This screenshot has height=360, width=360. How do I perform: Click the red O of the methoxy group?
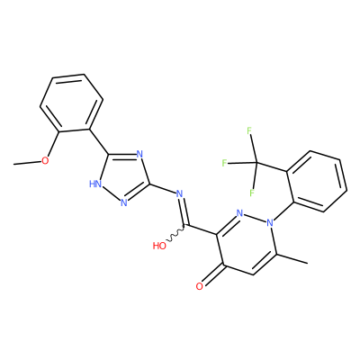click(x=45, y=160)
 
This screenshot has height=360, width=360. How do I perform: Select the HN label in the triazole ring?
click(x=95, y=184)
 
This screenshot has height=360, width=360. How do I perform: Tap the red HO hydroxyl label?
click(x=159, y=246)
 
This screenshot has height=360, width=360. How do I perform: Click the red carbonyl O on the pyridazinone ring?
click(x=199, y=286)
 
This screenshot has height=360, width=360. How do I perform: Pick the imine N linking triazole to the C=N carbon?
click(x=180, y=193)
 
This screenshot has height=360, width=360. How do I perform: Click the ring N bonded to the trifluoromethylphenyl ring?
click(x=271, y=222)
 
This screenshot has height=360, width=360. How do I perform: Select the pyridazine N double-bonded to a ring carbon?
click(x=239, y=213)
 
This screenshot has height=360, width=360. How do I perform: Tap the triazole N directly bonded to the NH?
click(x=124, y=202)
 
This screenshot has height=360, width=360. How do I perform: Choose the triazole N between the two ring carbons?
click(x=139, y=155)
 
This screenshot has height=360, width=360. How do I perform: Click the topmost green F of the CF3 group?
click(x=249, y=131)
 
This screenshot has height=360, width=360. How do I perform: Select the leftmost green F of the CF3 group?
click(x=224, y=163)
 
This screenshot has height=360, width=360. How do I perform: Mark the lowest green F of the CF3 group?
click(x=252, y=193)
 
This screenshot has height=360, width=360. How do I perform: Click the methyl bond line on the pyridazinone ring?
click(x=291, y=259)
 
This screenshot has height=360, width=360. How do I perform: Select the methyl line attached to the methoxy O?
click(x=28, y=163)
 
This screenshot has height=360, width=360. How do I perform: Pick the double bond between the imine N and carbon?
click(x=184, y=211)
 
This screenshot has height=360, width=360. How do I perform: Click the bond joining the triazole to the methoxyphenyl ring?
click(x=99, y=141)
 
